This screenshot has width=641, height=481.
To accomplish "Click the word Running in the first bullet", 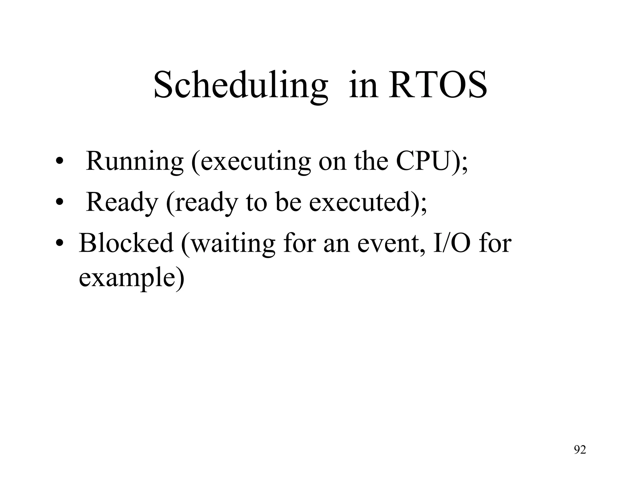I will tap(135, 162).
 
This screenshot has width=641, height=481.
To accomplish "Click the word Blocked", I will tap(126, 243).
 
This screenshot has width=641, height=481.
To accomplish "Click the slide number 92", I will tap(580, 450).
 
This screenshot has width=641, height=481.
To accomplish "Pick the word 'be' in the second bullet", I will tap(288, 202).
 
